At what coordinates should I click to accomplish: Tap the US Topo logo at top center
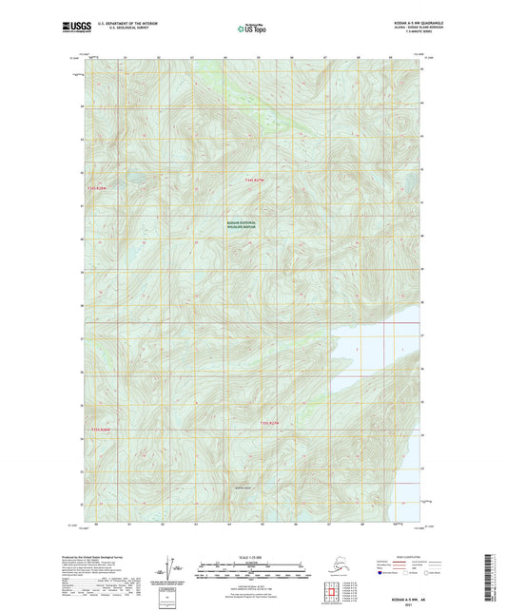(252, 29)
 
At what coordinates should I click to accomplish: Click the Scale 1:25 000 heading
(252, 557)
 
